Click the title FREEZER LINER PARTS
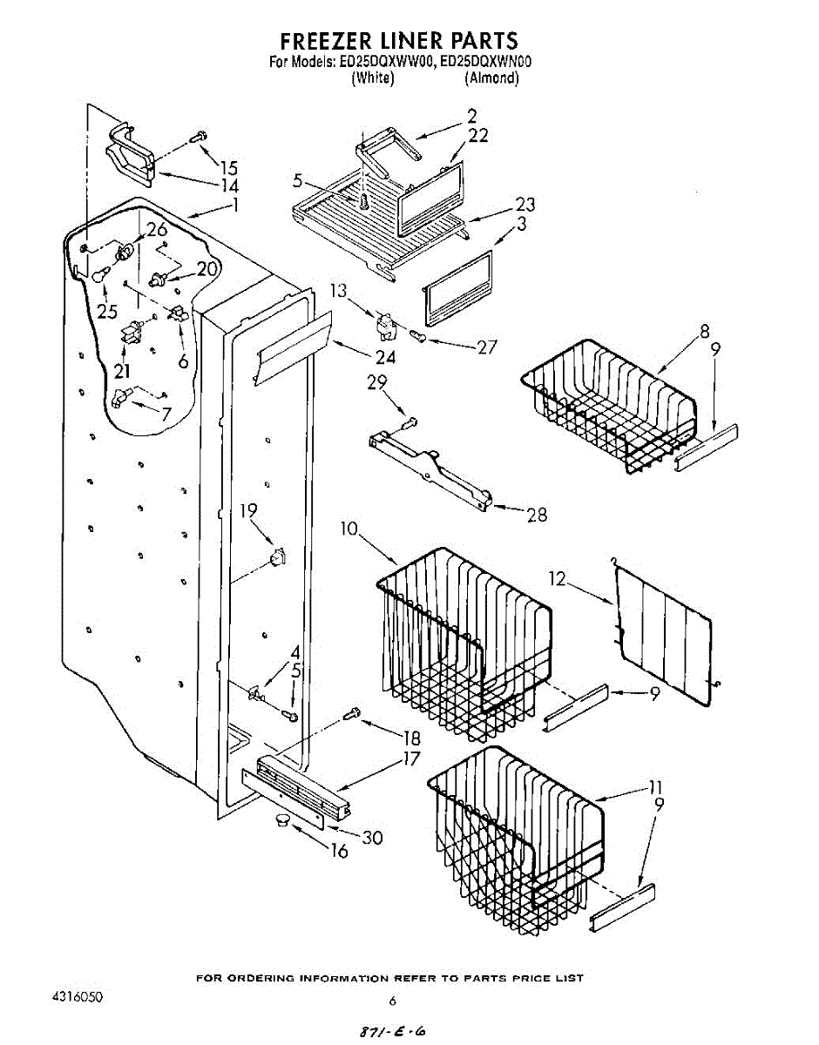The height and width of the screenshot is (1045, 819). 398,41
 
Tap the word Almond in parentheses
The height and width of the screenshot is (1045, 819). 492,78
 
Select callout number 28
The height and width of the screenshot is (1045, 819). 537,515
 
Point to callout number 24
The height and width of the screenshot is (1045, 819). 384,356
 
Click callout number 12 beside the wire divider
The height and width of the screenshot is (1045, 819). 558,576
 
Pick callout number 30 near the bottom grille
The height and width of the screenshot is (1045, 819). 373,838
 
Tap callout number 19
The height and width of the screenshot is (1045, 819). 248,511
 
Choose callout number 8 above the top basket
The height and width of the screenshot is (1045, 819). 704,331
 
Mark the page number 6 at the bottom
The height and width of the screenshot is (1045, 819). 392,1000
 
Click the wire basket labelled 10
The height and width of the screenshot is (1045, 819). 462,644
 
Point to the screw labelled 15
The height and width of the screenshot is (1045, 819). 198,136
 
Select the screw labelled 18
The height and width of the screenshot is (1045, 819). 353,714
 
